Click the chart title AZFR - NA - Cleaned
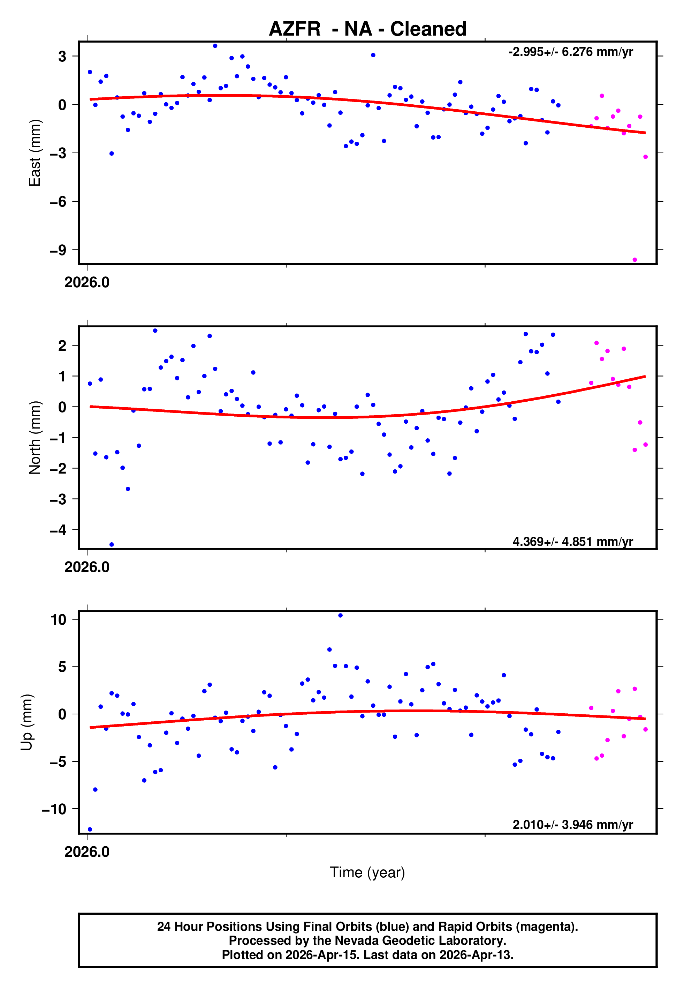[367, 29]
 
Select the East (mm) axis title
[34, 153]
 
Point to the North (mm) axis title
[34, 438]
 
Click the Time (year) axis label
[367, 872]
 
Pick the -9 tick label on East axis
[58, 250]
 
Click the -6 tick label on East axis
[58, 202]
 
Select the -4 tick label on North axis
[58, 530]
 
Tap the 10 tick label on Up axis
[58, 619]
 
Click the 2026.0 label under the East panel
[87, 283]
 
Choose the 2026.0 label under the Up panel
[87, 852]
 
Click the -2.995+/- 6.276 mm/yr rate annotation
[570, 52]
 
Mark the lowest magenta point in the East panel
[635, 260]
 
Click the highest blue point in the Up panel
[340, 616]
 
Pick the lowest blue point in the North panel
[112, 545]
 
